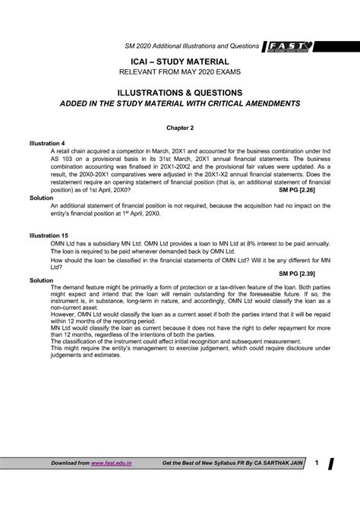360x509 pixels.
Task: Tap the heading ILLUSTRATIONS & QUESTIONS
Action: (x=180, y=91)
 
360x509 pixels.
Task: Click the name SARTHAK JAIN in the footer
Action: (x=279, y=463)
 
